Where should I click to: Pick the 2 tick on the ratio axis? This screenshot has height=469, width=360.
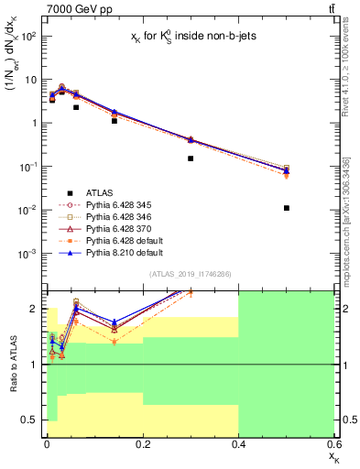34,309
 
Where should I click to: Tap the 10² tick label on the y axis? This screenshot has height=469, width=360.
27,37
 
